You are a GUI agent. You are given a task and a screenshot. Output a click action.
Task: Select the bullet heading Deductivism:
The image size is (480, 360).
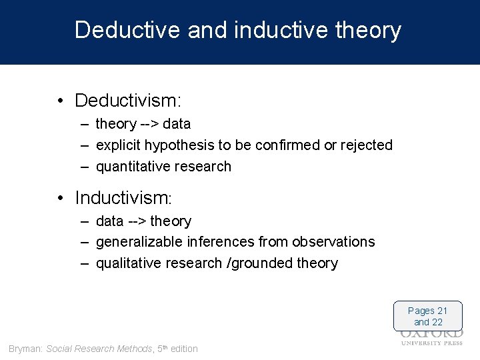pos(128,101)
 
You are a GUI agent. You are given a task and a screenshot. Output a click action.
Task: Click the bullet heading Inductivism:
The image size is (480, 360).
pos(124,198)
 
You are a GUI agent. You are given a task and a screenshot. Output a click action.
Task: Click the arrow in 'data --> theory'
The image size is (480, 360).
pos(137,221)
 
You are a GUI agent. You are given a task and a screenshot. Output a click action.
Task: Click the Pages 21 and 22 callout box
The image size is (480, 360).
pos(427,316)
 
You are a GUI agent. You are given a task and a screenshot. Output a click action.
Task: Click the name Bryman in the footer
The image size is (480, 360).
pos(25,349)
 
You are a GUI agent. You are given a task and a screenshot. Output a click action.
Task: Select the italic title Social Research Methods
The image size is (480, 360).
pos(99,349)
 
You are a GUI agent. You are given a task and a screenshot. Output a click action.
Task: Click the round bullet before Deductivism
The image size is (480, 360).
pos(60,101)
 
